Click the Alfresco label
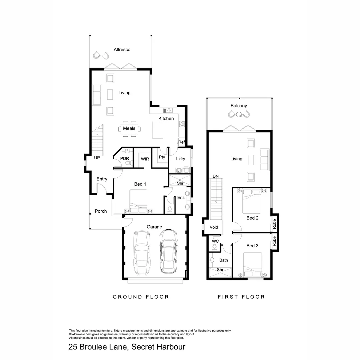pyautogui.click(x=122, y=50)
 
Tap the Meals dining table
pyautogui.click(x=129, y=129)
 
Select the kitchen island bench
pyautogui.click(x=158, y=130)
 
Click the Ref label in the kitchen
pyautogui.click(x=181, y=142)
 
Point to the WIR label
pyautogui.click(x=145, y=159)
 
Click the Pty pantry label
pyautogui.click(x=162, y=157)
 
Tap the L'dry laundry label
pyautogui.click(x=180, y=159)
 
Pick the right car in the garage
pyautogui.click(x=169, y=251)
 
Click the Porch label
pyautogui.click(x=101, y=211)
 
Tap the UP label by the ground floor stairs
pyautogui.click(x=97, y=158)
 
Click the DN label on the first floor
pyautogui.click(x=215, y=176)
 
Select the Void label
pyautogui.click(x=214, y=227)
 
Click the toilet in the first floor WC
pyautogui.click(x=215, y=247)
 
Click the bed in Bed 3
pyautogui.click(x=252, y=265)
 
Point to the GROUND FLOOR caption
pyautogui.click(x=141, y=297)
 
